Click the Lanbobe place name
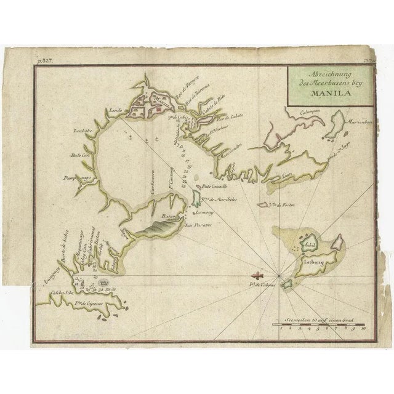83,131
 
